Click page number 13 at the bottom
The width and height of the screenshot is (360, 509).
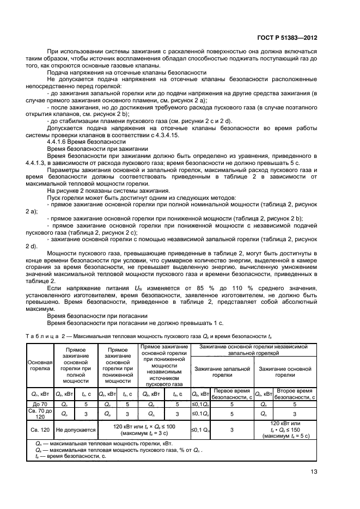point(313,471)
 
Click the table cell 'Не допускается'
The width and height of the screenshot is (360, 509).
point(76,430)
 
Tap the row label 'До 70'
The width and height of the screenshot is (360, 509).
point(40,404)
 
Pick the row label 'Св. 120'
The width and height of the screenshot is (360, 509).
point(40,430)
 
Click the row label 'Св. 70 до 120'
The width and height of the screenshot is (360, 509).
point(40,414)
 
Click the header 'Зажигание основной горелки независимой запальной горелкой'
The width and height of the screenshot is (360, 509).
point(254,349)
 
